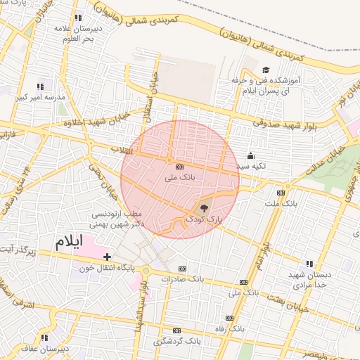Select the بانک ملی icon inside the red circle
pos(179,167)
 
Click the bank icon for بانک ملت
pos(281,192)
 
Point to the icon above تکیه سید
pos(250,156)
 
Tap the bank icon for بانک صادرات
pos(183,268)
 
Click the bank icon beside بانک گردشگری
pos(176,330)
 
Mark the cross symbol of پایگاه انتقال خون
pos(107,257)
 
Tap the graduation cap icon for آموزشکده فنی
pos(266,70)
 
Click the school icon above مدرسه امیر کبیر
pos(39,86)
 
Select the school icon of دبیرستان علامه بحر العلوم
pos(77,18)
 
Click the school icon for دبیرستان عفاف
pos(44,337)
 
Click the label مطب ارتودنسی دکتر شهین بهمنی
pos(117,219)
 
